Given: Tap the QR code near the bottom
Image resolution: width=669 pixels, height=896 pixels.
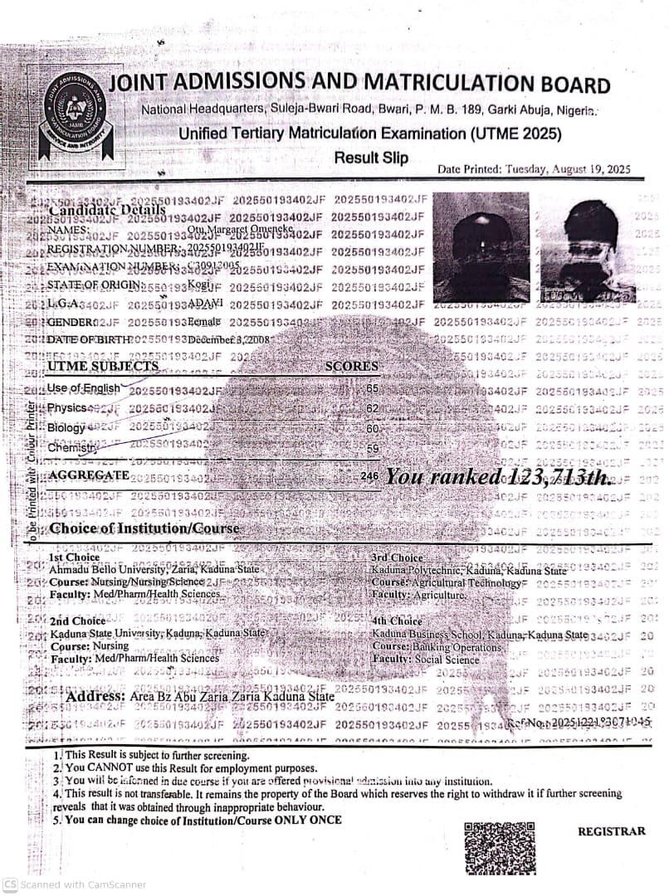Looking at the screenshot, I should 499,846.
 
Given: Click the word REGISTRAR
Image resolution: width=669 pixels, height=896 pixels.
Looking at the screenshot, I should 611,830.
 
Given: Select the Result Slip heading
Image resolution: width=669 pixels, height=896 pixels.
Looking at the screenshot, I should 371,158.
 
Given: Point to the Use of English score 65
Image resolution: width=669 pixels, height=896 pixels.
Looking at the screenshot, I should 372,388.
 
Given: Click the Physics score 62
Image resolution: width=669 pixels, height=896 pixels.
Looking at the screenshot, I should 372,408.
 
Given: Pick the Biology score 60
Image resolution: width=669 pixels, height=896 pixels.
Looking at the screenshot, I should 372,428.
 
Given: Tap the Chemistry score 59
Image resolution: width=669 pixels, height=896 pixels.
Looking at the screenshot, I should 372,448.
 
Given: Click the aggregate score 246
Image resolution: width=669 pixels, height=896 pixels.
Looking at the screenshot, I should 369,477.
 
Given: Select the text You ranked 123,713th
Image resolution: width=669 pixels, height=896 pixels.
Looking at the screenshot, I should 499,477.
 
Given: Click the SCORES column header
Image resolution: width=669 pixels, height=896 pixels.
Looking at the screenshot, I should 351,366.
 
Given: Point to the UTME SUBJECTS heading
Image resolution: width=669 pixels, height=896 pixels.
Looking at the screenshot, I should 102,366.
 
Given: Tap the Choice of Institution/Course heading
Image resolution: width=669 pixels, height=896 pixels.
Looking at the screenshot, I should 144,528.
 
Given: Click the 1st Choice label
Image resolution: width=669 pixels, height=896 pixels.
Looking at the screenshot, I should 75,558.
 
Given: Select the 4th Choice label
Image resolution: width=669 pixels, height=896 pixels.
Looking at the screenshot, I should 398,621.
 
